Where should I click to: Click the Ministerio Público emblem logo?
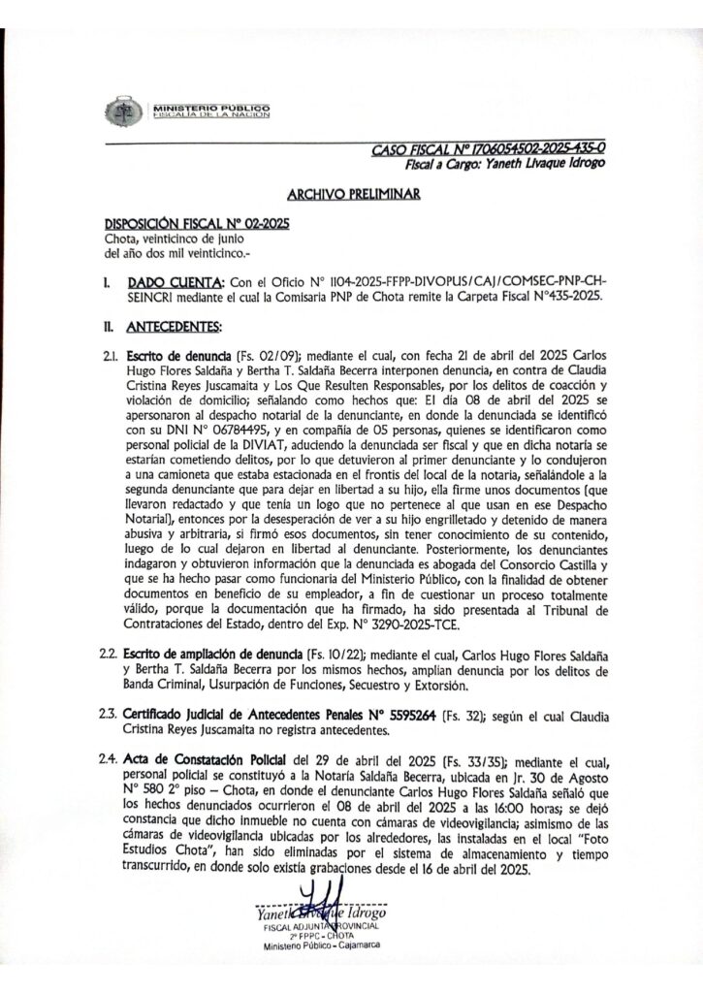point(123,110)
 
